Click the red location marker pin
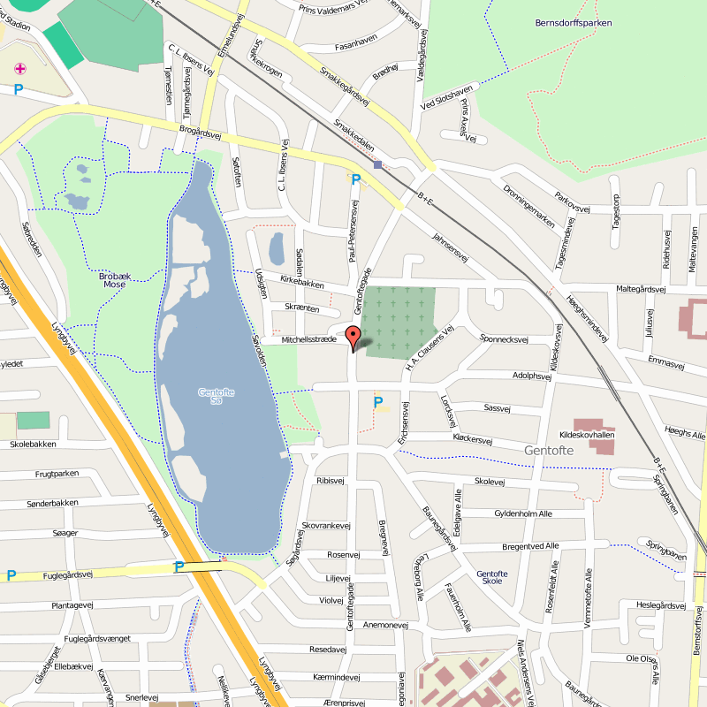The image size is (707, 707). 353,338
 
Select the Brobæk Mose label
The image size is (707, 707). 114,280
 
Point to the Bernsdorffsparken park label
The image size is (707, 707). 573,23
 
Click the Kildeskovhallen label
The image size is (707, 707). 587,435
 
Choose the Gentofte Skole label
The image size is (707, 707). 491,577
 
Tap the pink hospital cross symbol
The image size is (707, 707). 20,68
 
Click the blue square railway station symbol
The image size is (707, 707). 378,164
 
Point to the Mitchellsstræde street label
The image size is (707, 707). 309,339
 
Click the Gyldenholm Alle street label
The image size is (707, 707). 523,513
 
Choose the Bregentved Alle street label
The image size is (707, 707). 530,546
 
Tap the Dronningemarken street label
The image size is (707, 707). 529,194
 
